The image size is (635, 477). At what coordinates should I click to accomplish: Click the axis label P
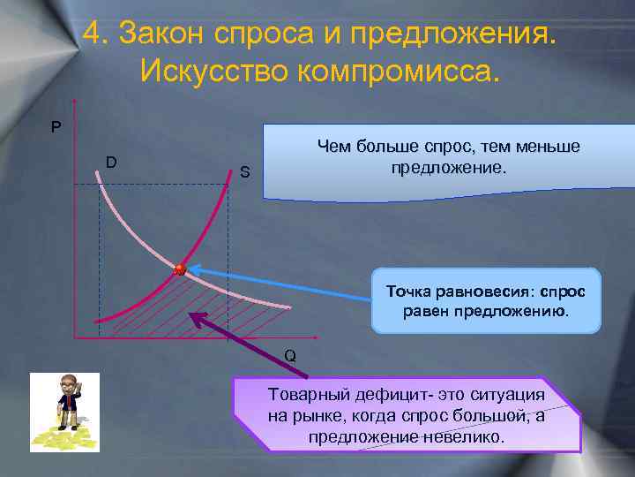pos(56,127)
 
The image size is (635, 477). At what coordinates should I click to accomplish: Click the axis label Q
pos(290,356)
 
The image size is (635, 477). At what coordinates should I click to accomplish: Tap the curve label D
pos(111,162)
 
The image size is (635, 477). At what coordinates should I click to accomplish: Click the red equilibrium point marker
pos(180,269)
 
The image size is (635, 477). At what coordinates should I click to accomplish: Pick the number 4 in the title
pos(94,34)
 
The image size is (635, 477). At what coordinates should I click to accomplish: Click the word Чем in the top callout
pos(335,147)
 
